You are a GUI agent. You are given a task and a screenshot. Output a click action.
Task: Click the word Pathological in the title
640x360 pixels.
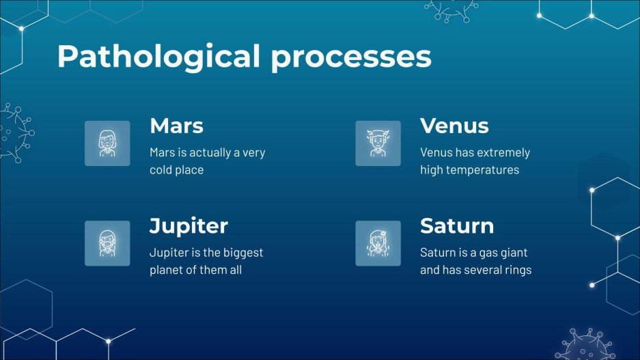coord(158,56)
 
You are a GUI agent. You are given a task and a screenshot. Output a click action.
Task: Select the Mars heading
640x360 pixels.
coord(176,125)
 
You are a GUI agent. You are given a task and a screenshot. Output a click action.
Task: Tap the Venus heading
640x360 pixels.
coord(454,125)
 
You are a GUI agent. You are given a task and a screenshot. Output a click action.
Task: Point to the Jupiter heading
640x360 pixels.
coord(189,226)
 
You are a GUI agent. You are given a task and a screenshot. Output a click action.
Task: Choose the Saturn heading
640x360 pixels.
coord(457,225)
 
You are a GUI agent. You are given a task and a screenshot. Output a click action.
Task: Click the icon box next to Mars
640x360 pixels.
coord(107,143)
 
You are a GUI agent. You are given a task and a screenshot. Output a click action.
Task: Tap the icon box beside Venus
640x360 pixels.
coord(378,143)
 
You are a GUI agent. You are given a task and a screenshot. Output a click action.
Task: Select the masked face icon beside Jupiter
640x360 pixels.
coord(107,243)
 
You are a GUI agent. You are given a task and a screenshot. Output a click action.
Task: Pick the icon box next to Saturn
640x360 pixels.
coord(378,243)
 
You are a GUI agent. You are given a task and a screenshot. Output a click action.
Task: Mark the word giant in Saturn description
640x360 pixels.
coord(513,253)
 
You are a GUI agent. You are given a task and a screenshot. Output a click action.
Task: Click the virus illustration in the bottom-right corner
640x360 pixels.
coord(586,345)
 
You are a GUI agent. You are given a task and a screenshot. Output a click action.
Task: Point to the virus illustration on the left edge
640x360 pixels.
coord(16,133)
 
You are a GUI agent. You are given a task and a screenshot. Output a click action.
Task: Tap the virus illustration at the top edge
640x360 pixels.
coord(451,11)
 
